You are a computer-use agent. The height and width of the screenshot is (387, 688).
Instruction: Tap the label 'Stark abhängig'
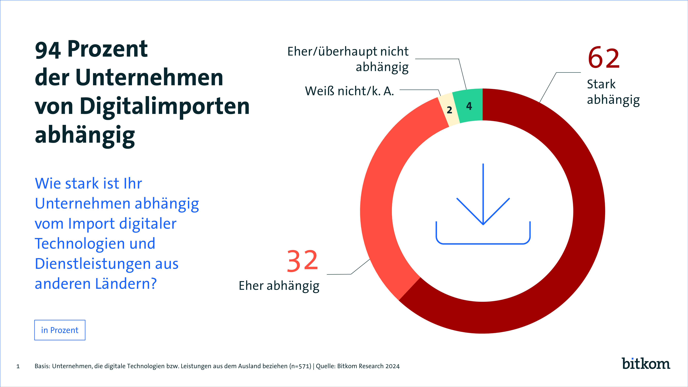pos(613,92)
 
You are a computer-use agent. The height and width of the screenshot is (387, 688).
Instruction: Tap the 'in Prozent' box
pos(60,330)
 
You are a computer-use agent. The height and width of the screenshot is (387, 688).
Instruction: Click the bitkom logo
pos(646,364)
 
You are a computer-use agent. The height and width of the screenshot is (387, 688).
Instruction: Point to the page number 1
pos(18,366)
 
